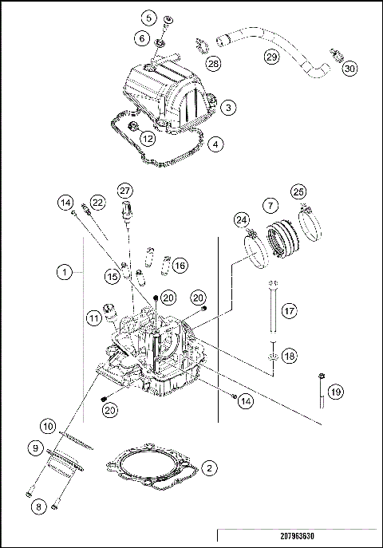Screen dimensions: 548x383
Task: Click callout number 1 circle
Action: point(62,273)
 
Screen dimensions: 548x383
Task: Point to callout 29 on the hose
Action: point(271,57)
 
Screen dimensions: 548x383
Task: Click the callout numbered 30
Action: point(349,69)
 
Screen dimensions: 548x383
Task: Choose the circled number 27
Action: point(124,191)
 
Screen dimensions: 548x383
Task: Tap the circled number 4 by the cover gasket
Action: point(217,145)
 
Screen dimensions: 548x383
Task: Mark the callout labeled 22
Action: point(97,203)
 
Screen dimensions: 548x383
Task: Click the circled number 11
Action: point(95,318)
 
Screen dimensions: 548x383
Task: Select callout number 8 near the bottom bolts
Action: point(38,506)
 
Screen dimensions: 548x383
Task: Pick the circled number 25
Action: point(298,191)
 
